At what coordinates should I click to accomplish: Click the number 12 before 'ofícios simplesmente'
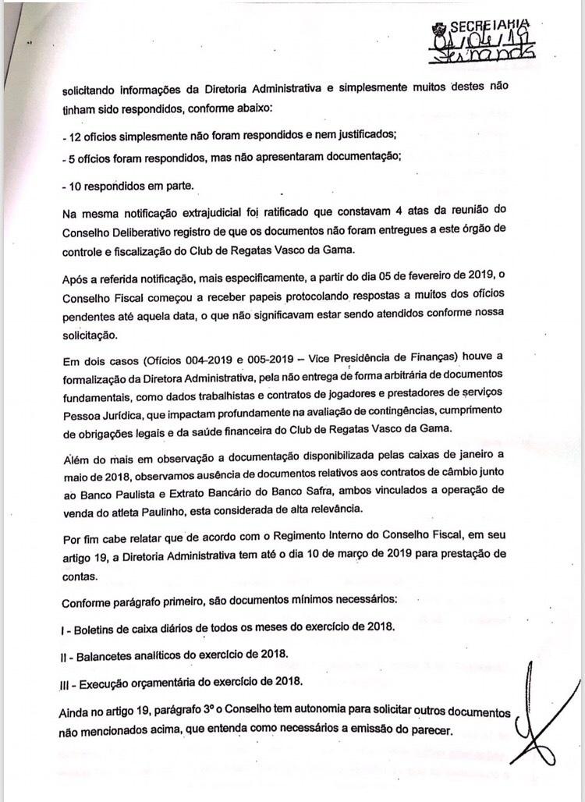coord(76,137)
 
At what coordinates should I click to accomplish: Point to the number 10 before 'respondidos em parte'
coord(76,186)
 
